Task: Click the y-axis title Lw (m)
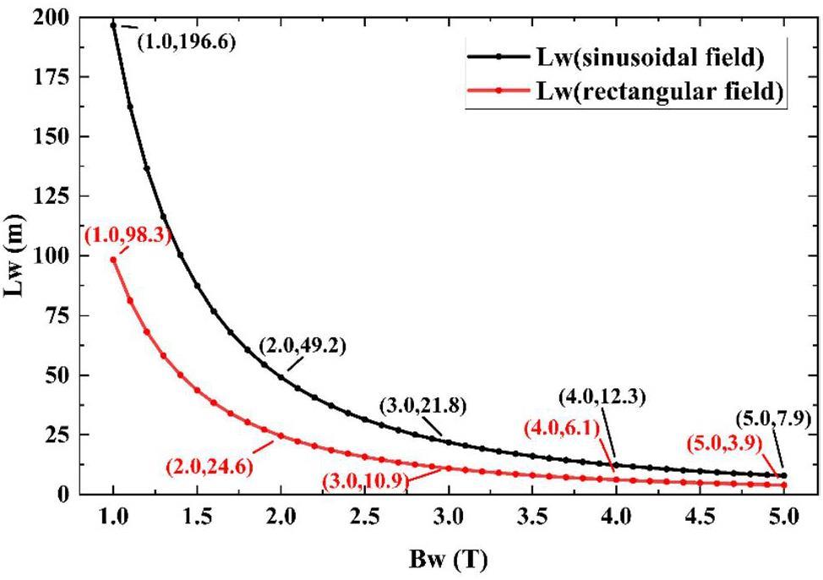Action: [x=19, y=255]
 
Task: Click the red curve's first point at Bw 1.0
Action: [x=113, y=260]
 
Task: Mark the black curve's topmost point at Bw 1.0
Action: [x=113, y=25]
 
